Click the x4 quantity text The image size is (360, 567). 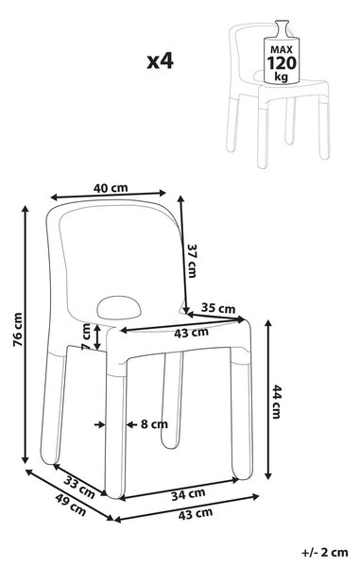point(160,61)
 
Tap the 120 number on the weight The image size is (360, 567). point(282,63)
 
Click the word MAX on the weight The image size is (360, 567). point(282,50)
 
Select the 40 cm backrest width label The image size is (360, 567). point(111,188)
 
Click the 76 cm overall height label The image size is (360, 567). point(17,330)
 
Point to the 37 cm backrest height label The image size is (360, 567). point(192,261)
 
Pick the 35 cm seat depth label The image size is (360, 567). point(218,308)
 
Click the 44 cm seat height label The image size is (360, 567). point(276,402)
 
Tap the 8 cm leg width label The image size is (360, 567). point(154,423)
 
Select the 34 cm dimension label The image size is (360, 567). point(188,494)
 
